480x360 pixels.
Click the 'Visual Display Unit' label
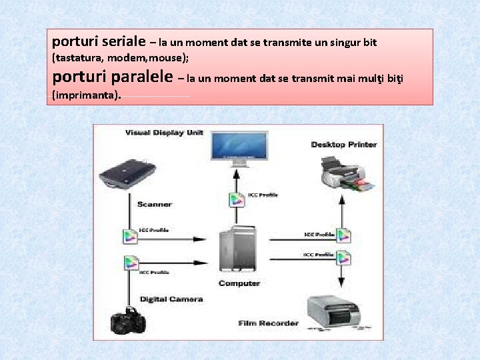pyautogui.click(x=164, y=133)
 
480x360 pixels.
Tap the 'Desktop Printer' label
pyautogui.click(x=344, y=145)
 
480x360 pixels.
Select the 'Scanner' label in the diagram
pyautogui.click(x=155, y=204)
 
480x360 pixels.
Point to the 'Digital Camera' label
pyautogui.click(x=171, y=299)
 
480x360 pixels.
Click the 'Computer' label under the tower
pyautogui.click(x=239, y=283)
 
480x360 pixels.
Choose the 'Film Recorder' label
pyautogui.click(x=269, y=323)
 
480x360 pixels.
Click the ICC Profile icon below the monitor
pyautogui.click(x=236, y=198)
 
